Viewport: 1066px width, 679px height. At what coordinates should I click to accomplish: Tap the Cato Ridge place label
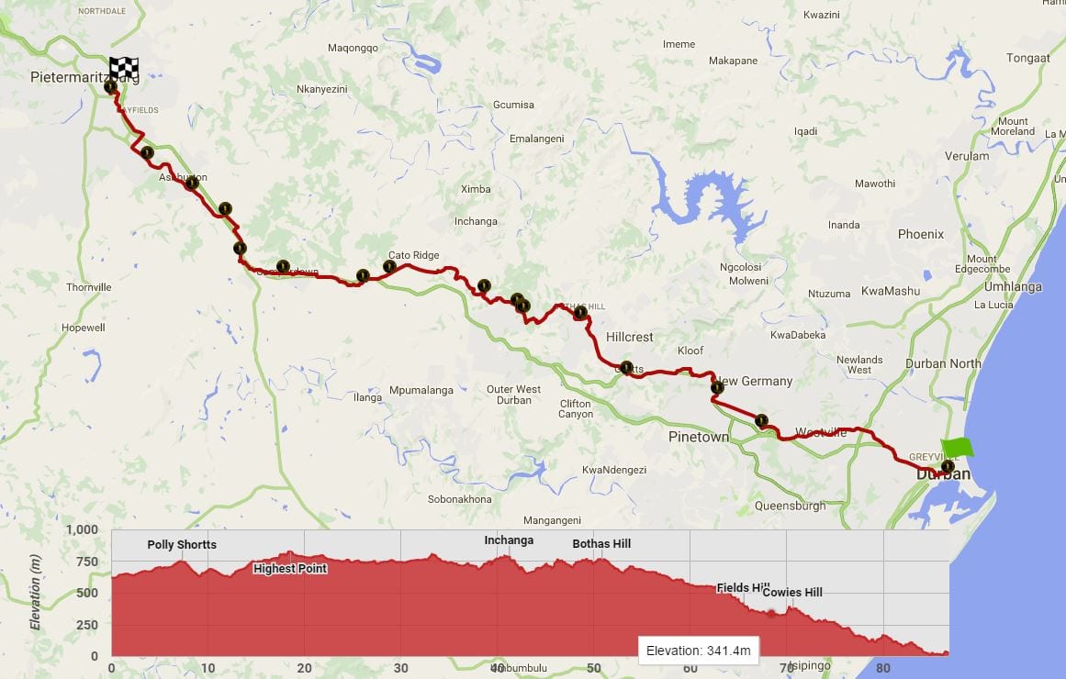(x=413, y=255)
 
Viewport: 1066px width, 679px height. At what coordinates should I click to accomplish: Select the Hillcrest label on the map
(x=630, y=337)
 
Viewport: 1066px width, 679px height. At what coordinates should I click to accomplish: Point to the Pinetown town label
(x=699, y=437)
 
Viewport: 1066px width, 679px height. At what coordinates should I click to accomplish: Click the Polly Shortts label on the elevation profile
(x=182, y=544)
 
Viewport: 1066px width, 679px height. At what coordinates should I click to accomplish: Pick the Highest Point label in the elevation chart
(x=290, y=568)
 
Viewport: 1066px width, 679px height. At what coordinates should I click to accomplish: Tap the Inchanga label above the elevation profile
(x=509, y=540)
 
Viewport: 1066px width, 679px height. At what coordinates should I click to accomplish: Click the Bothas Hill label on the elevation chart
(x=601, y=544)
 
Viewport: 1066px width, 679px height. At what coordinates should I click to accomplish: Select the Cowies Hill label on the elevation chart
(x=792, y=592)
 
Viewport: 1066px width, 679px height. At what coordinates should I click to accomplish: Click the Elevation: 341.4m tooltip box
(x=699, y=651)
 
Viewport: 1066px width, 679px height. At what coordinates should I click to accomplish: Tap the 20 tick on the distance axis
(x=304, y=668)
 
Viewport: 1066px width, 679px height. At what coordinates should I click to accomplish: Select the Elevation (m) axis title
(x=36, y=593)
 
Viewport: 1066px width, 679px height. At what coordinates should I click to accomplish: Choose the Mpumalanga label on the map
(x=421, y=390)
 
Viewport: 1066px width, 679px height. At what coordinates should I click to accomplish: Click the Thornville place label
(x=89, y=287)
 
